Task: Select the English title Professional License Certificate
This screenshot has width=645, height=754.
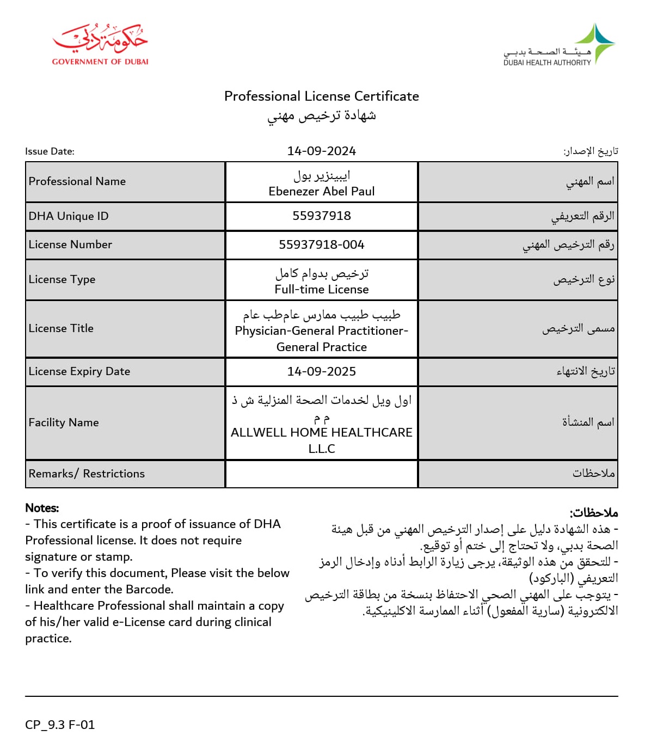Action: click(x=321, y=96)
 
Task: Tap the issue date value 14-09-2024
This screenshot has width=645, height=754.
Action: click(x=321, y=151)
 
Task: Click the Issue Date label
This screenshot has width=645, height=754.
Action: click(x=50, y=151)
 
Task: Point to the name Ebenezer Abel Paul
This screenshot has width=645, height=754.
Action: click(x=321, y=191)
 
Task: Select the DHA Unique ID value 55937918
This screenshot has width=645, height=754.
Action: click(x=321, y=216)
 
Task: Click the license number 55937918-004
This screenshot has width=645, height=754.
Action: click(x=321, y=244)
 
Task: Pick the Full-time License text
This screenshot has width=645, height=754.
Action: click(x=321, y=289)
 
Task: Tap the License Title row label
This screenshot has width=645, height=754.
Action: click(x=61, y=328)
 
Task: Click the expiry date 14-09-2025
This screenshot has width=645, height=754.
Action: click(x=321, y=371)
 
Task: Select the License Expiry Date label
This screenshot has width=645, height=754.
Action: click(x=79, y=371)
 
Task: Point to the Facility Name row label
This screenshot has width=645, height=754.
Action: click(x=64, y=422)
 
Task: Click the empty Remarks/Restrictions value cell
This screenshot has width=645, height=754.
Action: click(x=321, y=474)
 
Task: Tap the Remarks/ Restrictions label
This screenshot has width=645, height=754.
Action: click(x=87, y=474)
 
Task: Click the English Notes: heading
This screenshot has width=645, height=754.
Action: click(x=42, y=508)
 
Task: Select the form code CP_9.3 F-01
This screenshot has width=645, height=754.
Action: click(x=60, y=725)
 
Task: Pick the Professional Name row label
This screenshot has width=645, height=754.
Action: click(x=77, y=181)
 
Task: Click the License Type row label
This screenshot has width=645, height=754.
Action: click(x=62, y=279)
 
